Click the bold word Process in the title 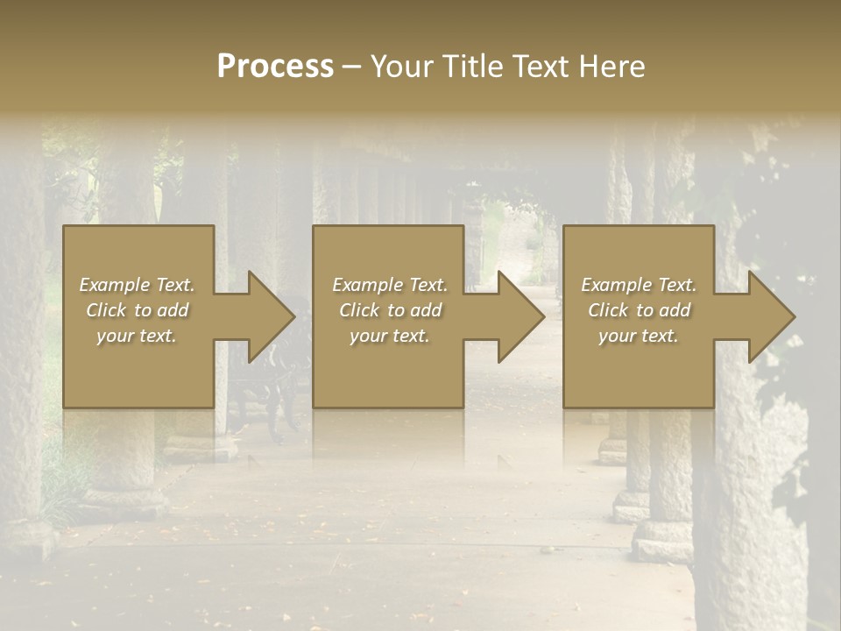(x=275, y=66)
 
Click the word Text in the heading (x=542, y=66)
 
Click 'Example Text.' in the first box (x=137, y=285)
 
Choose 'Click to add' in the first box (x=137, y=310)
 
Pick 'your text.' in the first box (x=137, y=336)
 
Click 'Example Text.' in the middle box (x=389, y=285)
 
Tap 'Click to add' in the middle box (x=389, y=310)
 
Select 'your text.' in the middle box (x=389, y=336)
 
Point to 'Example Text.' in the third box (x=639, y=285)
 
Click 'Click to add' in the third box (x=639, y=310)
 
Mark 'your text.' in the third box (x=639, y=336)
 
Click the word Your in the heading (x=400, y=66)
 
